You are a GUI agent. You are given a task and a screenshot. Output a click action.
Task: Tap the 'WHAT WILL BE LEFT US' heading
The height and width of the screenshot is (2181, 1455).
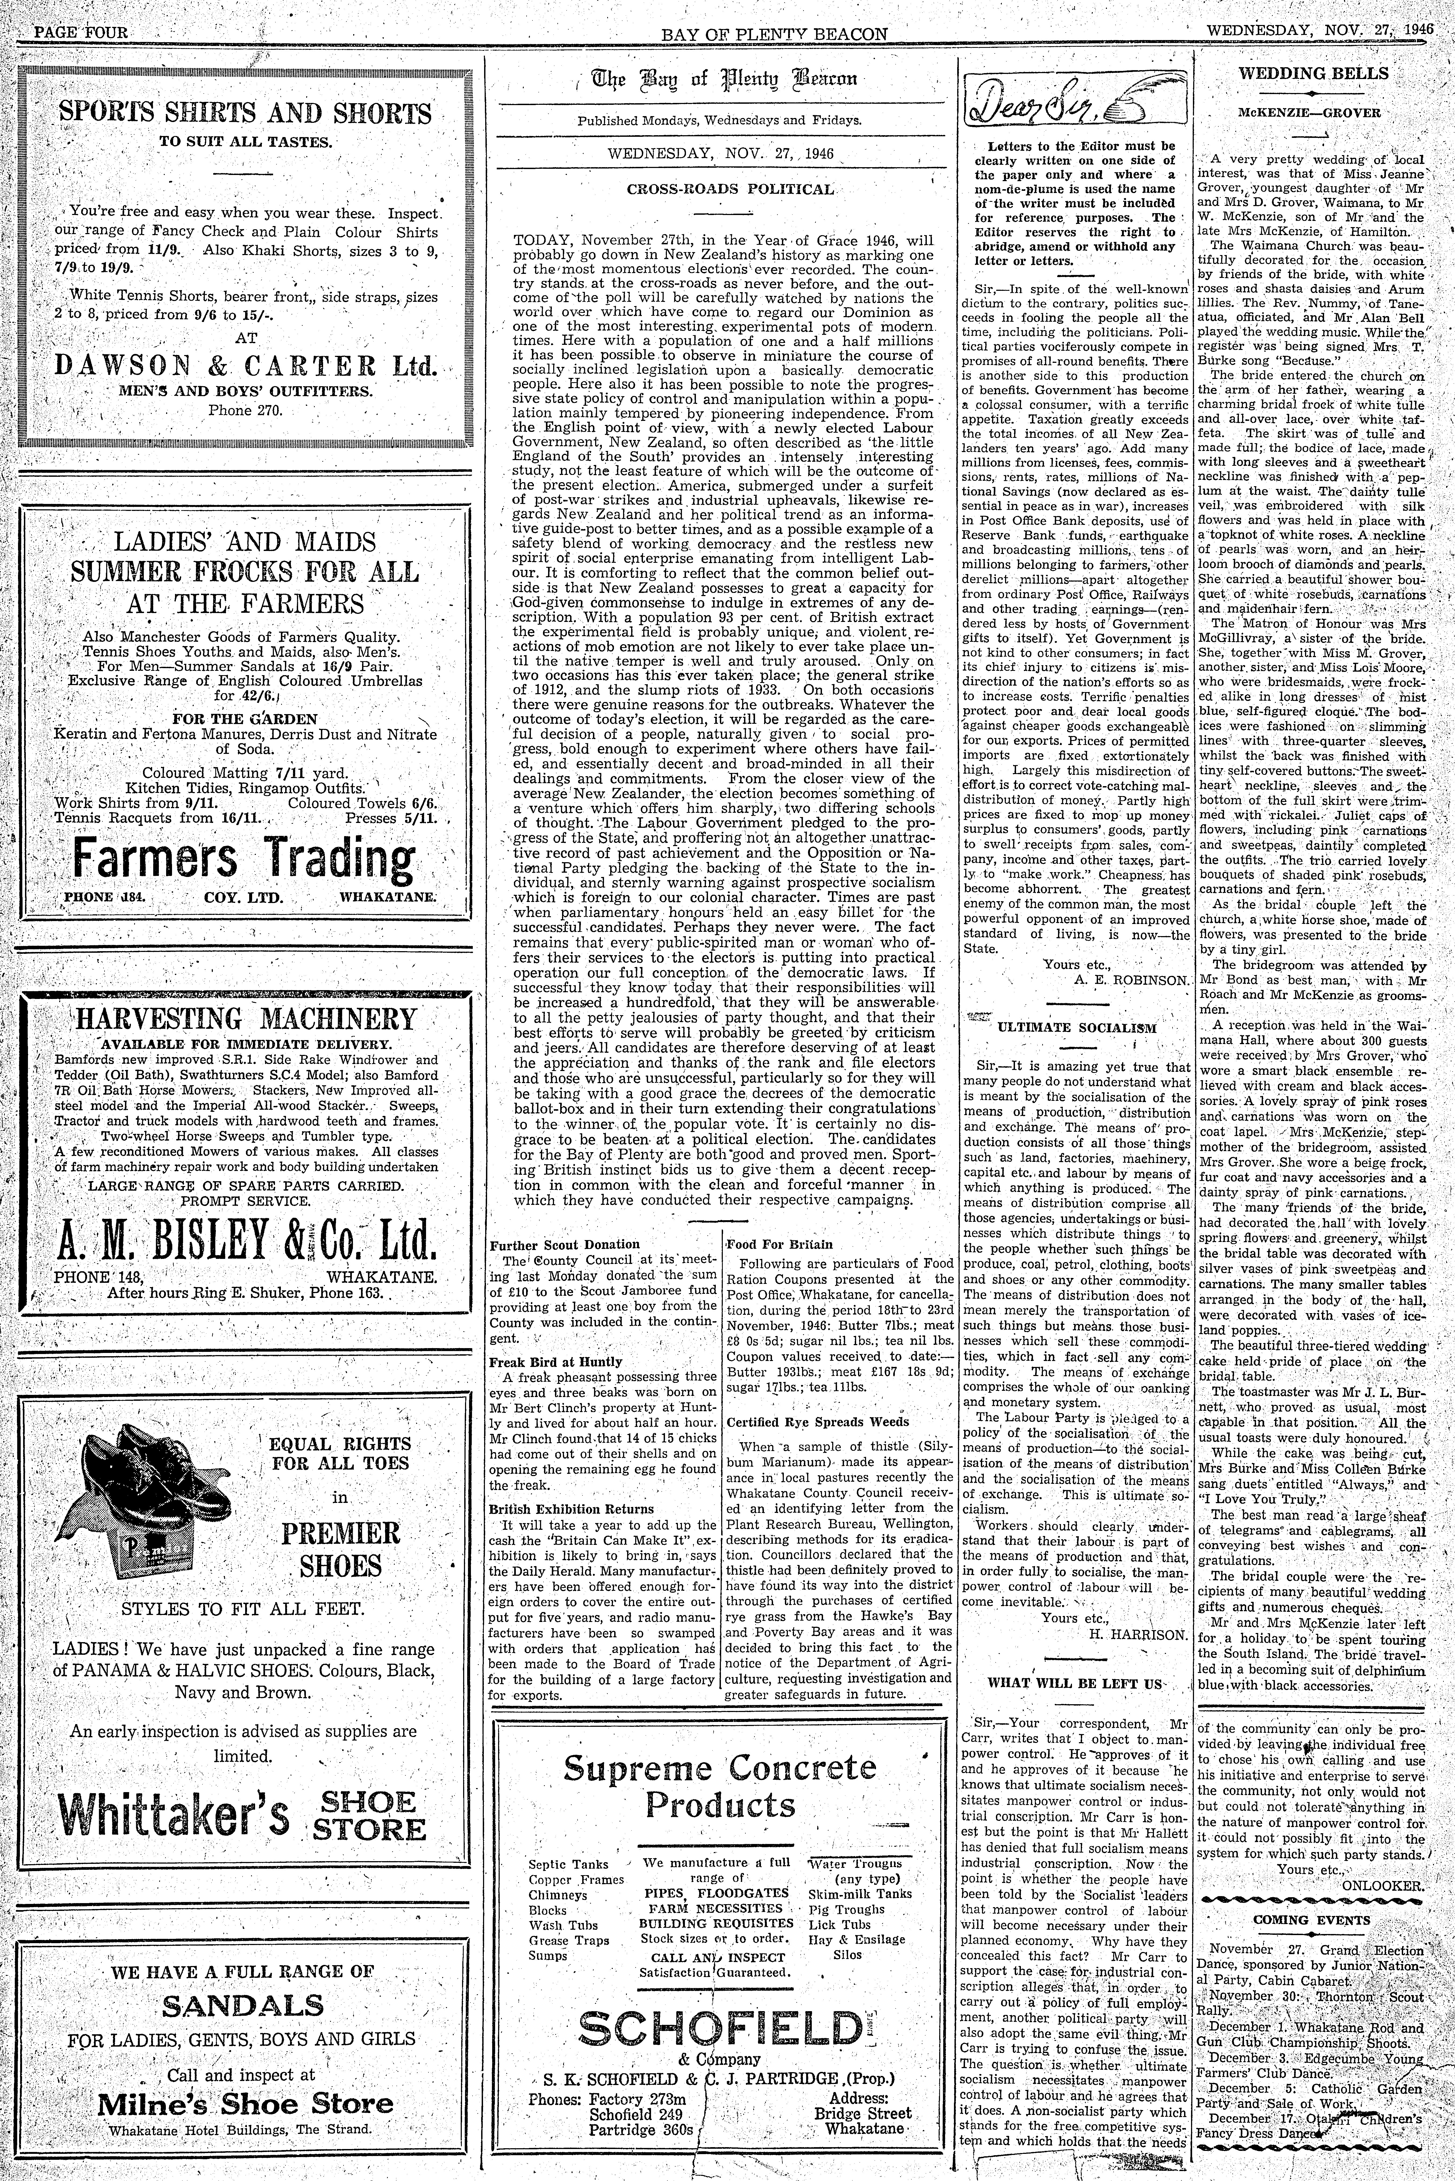1075,1683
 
